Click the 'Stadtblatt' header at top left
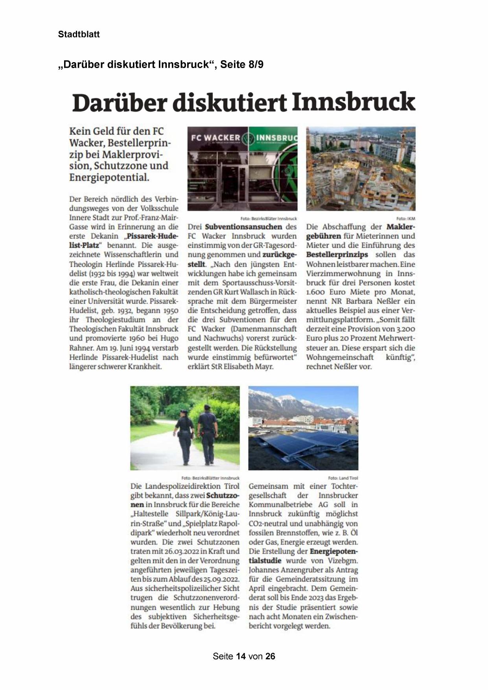point(79,34)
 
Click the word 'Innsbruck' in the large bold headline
point(353,102)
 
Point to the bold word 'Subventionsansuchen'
point(243,227)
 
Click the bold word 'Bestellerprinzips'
point(337,255)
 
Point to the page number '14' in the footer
point(241,656)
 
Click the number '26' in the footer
point(270,656)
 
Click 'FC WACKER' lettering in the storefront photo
point(215,138)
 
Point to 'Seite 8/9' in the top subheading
point(241,65)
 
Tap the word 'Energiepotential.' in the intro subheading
point(109,177)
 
